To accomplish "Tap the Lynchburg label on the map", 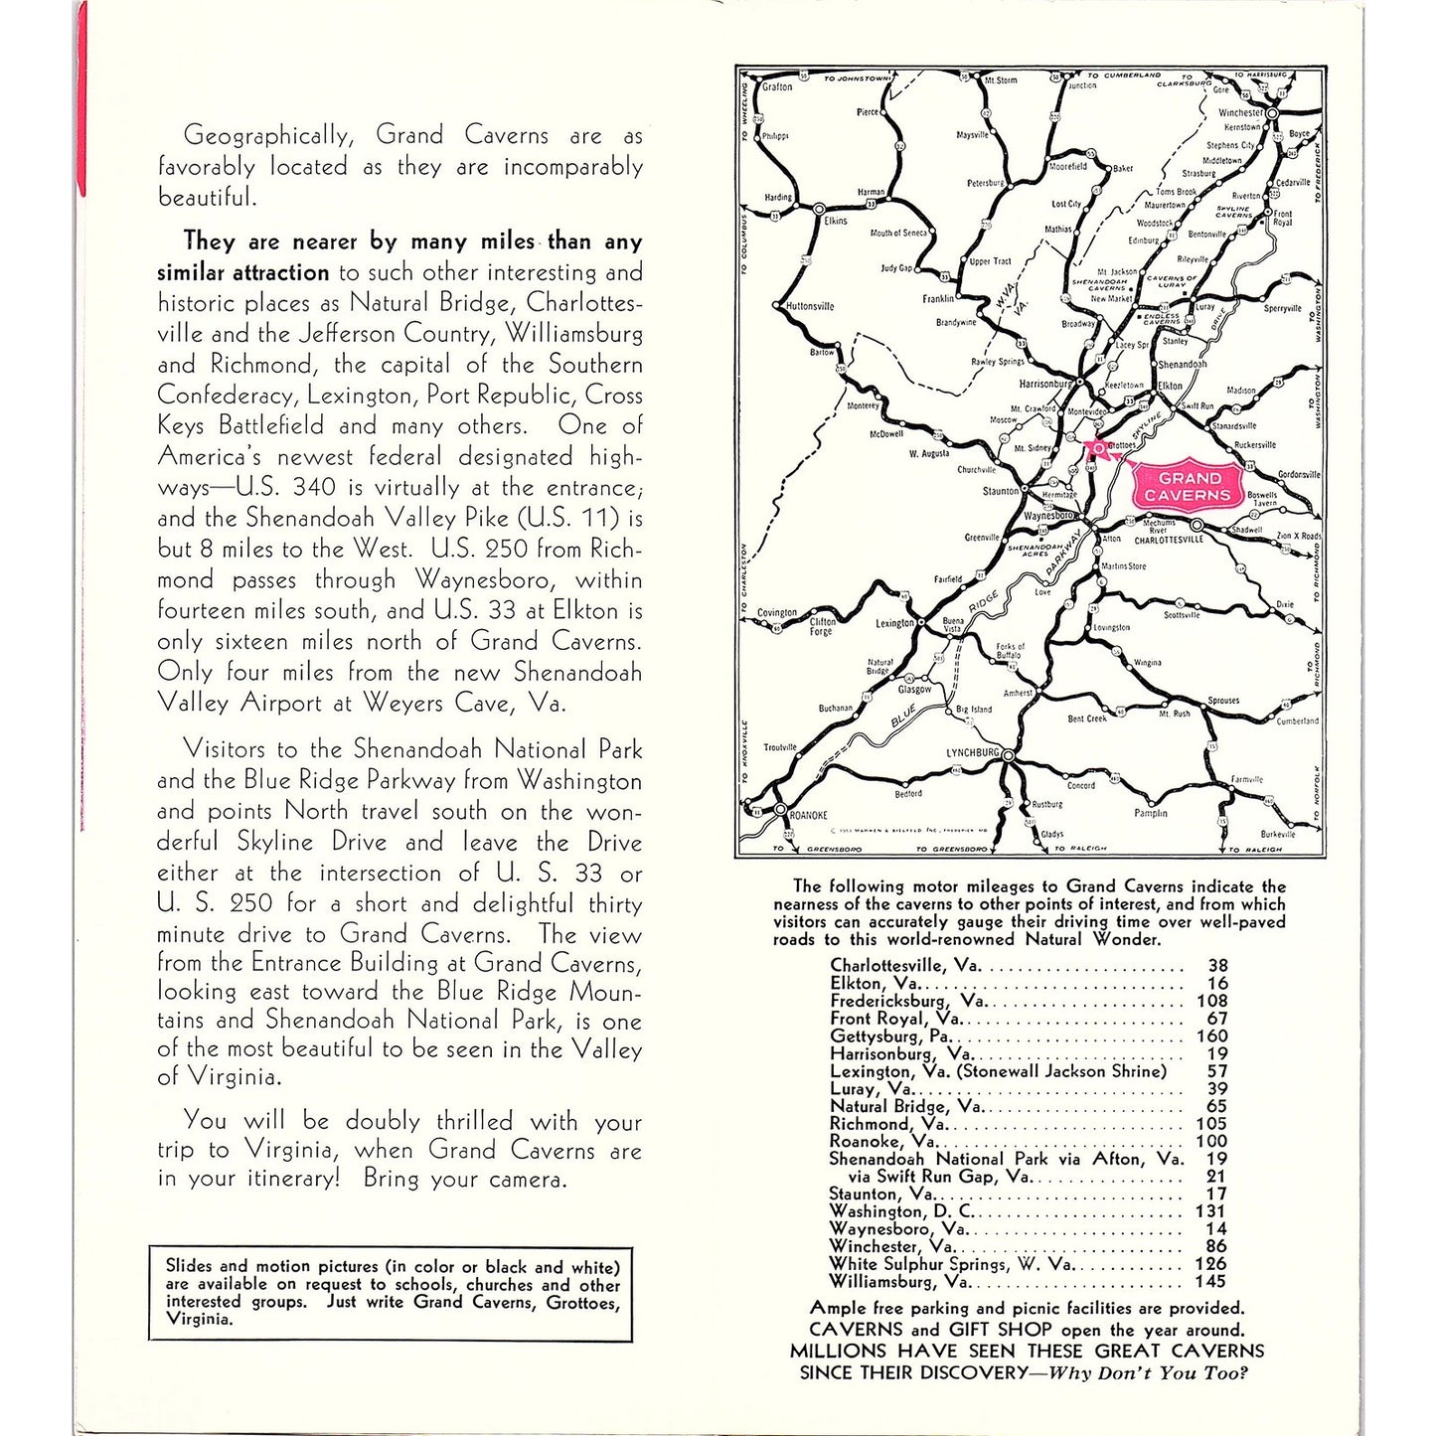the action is pos(971,753).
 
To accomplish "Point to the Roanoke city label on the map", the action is pos(808,815).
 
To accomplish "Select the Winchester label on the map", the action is pos(1239,113).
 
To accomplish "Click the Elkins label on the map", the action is pos(836,221).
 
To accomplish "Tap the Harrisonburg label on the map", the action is pos(1044,384).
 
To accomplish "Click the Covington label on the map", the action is pos(777,613).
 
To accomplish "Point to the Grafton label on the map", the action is pos(777,87).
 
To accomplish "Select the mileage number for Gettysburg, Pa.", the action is pos(1216,1037).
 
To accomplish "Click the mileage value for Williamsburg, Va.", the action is pos(1216,1282).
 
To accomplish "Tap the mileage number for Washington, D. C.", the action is pos(1216,1211).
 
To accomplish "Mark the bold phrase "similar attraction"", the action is pos(242,272).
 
